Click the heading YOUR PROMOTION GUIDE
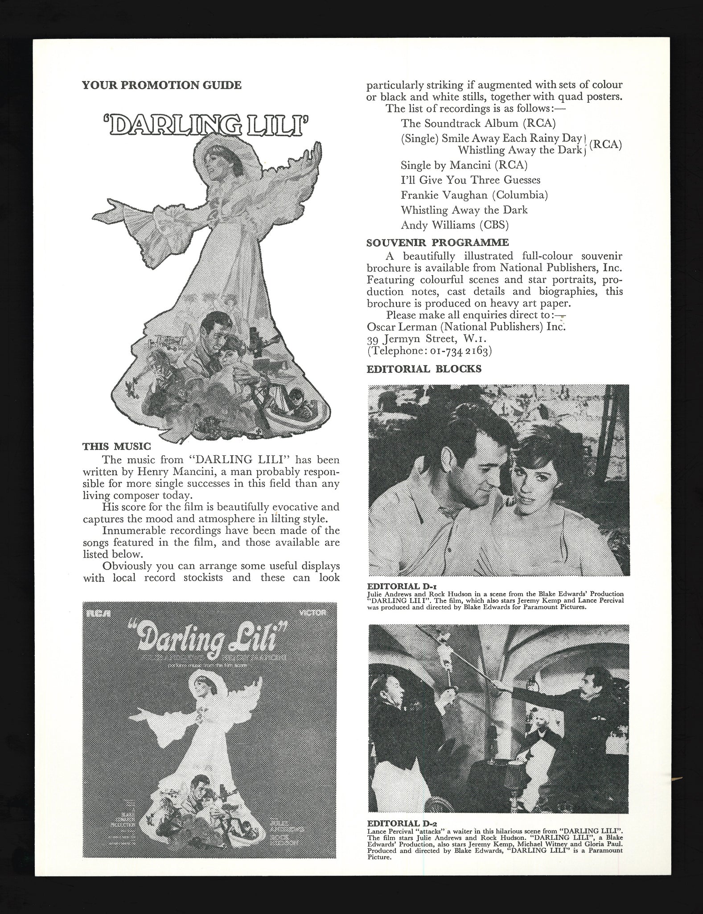click(x=161, y=85)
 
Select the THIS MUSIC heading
click(x=117, y=446)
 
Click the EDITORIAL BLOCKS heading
click(x=423, y=369)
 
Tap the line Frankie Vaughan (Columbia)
click(x=474, y=195)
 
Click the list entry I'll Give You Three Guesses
click(x=470, y=180)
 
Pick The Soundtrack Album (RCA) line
click(x=478, y=123)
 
